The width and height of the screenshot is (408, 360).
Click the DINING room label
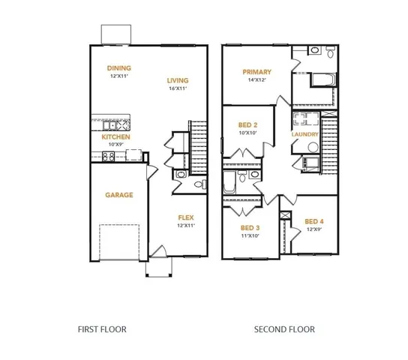[119, 67]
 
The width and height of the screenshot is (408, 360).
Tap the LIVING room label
[178, 80]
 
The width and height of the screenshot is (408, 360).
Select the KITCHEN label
[116, 137]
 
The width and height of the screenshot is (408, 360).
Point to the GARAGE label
[118, 195]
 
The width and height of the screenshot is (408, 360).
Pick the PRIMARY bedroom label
[256, 72]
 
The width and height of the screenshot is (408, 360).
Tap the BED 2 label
[248, 124]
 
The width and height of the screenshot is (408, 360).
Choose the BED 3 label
[250, 228]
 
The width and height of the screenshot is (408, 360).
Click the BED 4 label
[313, 221]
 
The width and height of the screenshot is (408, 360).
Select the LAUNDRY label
[305, 134]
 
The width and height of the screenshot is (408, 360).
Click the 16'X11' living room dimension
[178, 88]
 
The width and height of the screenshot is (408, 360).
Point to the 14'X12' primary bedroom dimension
[256, 80]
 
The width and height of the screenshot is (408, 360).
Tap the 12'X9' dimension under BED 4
[313, 229]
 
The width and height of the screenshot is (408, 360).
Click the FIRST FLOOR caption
[102, 328]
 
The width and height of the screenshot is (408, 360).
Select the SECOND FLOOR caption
[284, 328]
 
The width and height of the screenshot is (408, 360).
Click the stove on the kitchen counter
[107, 156]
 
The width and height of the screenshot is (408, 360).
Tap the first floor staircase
[199, 146]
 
